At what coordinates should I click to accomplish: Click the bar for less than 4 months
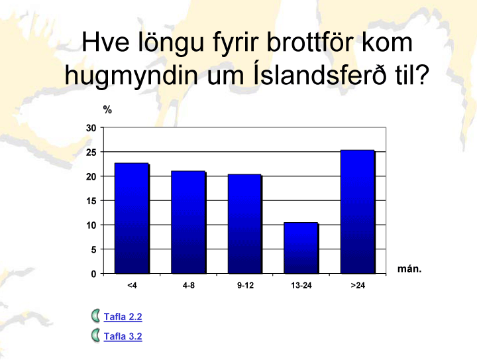coord(132,218)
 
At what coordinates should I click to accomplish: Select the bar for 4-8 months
coord(189,222)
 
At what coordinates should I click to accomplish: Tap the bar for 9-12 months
coord(245,224)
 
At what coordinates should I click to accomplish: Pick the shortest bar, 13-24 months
coord(301,248)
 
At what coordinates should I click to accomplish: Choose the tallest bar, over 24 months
coord(358,211)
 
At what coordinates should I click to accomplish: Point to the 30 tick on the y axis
coord(91,128)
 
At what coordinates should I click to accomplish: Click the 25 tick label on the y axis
coord(91,152)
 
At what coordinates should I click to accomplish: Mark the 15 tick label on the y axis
coord(91,201)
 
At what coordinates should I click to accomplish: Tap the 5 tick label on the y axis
coord(93,249)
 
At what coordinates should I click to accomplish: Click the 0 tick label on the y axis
coord(93,274)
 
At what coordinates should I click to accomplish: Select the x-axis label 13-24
coord(301,286)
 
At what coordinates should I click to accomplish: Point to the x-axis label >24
coord(358,286)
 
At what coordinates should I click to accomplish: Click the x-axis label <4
coord(132,286)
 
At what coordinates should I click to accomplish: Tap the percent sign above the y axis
coord(107,109)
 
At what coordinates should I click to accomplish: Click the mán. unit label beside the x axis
coord(409,269)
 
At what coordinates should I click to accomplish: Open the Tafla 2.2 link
coord(123,317)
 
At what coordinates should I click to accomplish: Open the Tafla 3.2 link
coord(123,336)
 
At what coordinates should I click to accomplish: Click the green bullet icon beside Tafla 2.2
coord(95,316)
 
